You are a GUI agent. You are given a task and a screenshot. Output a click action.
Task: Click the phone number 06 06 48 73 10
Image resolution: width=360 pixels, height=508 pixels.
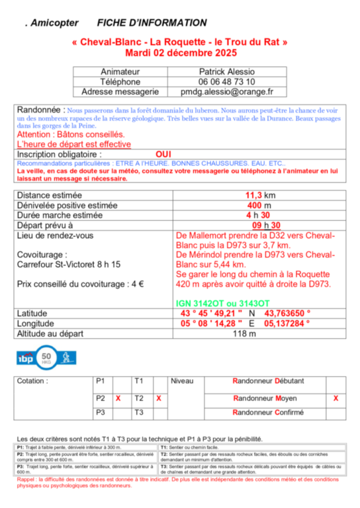coord(227,82)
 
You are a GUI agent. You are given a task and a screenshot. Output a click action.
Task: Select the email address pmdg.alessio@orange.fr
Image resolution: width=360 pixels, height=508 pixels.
coord(228,93)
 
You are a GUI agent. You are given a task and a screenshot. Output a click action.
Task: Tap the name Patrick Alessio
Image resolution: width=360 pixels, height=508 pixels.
coord(227,71)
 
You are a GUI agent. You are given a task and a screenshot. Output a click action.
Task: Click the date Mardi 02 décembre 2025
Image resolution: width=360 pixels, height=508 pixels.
coord(180,52)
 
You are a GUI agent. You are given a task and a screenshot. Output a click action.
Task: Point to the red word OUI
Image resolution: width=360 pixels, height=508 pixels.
coord(163,153)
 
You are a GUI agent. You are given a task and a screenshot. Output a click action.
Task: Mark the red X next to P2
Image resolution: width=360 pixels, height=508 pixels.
coord(118,399)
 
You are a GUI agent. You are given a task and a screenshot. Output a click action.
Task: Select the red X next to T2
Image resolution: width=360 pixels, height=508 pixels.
coord(158,399)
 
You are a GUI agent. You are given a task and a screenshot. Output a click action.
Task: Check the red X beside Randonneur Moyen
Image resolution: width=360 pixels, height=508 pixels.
coord(336,399)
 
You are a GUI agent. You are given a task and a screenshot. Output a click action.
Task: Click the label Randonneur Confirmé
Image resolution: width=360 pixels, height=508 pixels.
coord(267,412)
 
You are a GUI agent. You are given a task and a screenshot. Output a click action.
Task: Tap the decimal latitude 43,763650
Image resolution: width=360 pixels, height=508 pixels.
coord(288,313)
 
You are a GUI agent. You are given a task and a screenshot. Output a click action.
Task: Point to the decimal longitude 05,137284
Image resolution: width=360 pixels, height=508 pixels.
coord(288,323)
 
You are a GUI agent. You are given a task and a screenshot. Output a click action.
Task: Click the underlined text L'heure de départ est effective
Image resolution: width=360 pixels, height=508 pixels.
coord(73,144)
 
